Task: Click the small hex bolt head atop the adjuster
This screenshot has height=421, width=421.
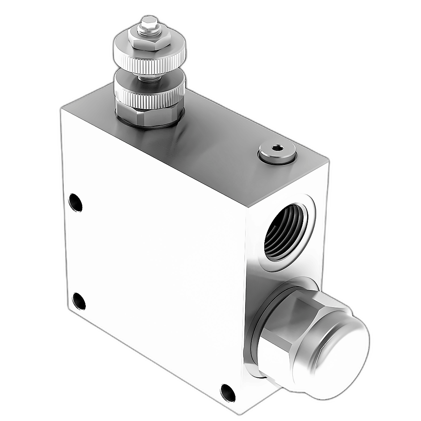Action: point(149,21)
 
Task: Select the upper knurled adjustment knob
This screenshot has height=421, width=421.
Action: point(149,58)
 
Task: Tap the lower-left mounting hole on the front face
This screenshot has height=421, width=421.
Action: point(79,301)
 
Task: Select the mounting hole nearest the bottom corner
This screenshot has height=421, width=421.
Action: point(228,393)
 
